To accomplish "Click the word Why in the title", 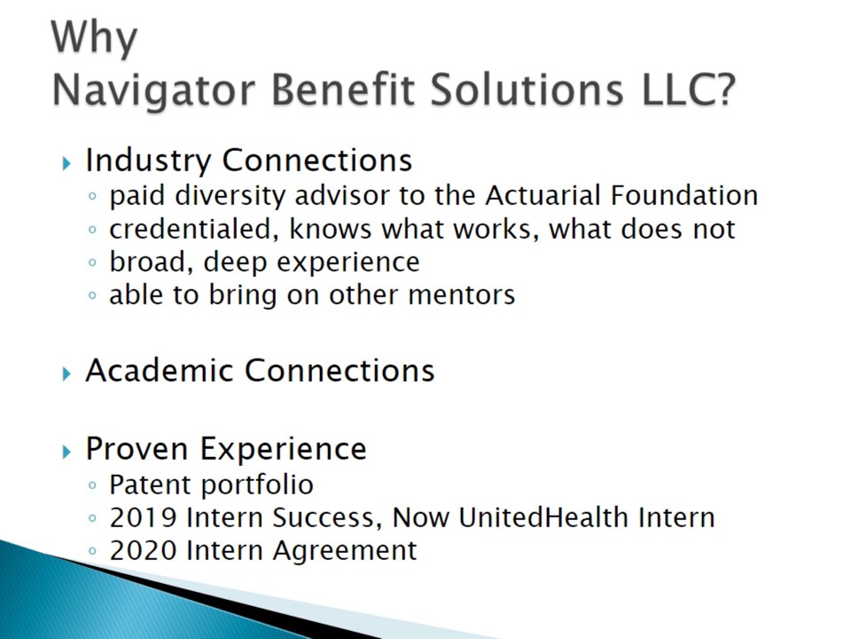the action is tap(94, 38).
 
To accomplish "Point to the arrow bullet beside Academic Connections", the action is tap(66, 374).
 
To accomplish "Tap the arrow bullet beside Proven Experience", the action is tap(66, 452).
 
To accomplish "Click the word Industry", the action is tap(148, 162).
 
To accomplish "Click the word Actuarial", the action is tap(543, 195).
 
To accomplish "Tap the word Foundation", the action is tap(684, 195).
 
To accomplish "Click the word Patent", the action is tap(151, 485).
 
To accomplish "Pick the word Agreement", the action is tap(345, 552).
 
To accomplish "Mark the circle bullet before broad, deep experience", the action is tap(92, 263).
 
